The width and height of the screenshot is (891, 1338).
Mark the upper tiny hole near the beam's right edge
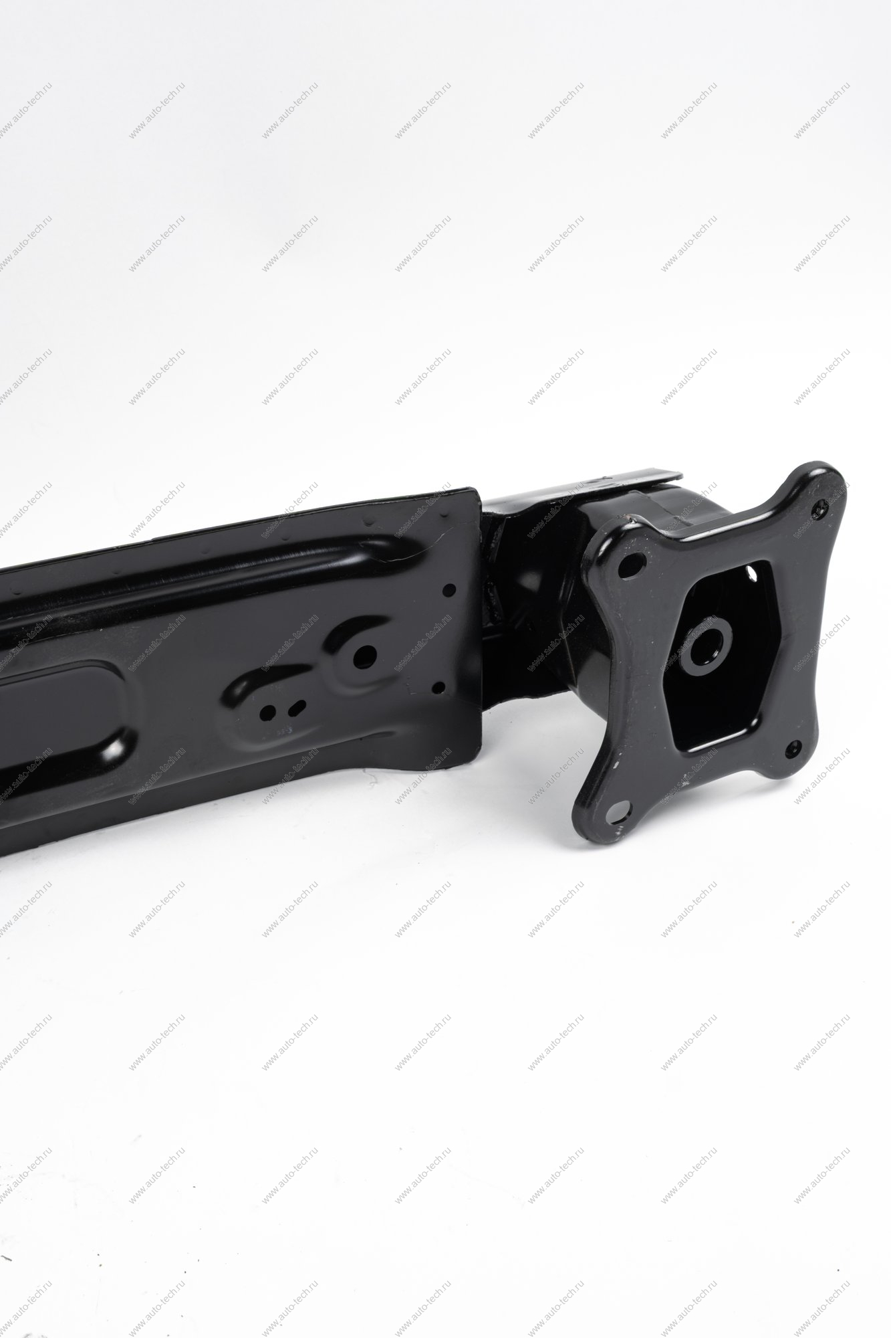point(449,589)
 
